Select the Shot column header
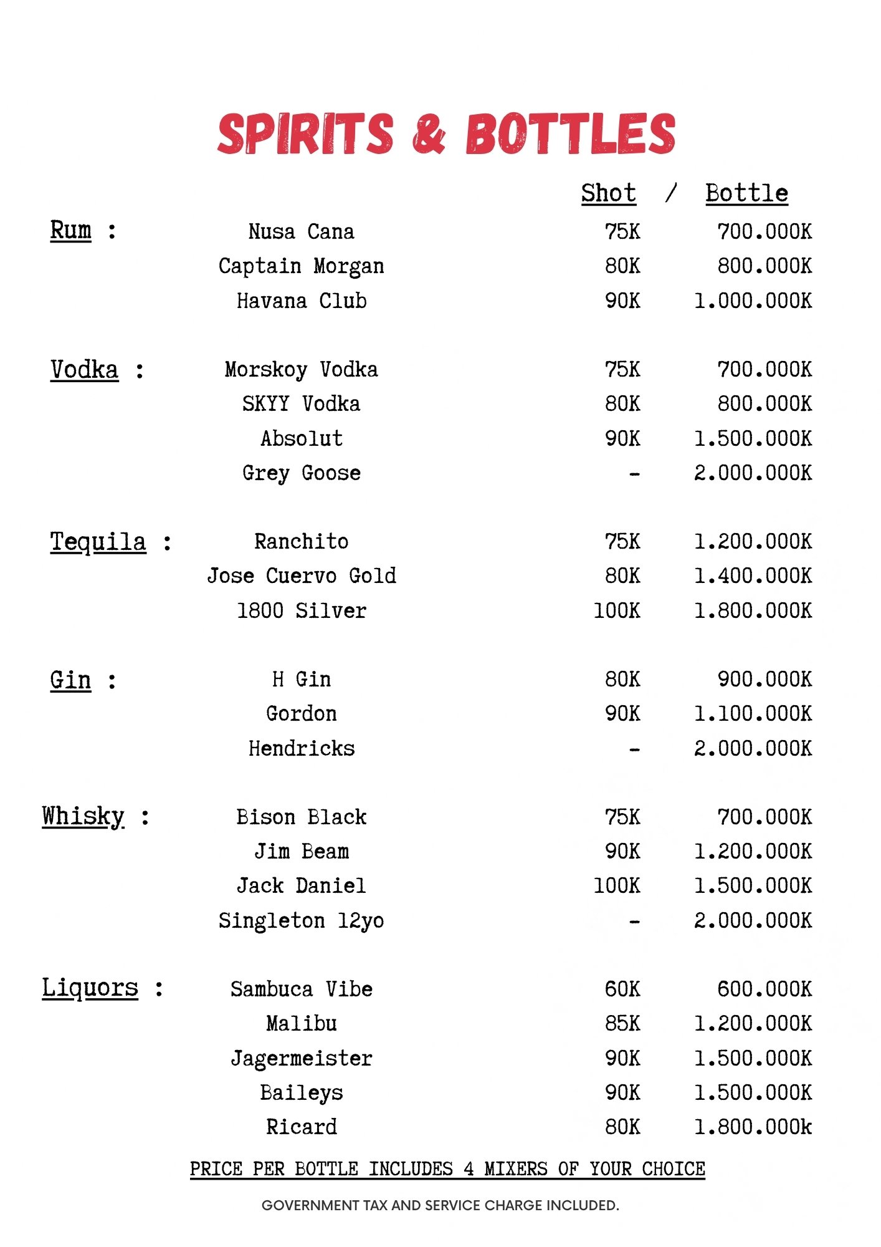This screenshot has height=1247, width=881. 608,193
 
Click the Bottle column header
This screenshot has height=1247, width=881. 746,193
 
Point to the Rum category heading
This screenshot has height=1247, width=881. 70,230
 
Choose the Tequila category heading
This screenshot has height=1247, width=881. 98,542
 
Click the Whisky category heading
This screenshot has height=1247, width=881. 83,816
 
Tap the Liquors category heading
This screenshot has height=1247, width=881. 90,988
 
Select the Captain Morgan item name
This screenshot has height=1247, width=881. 301,266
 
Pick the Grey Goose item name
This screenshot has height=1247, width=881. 301,473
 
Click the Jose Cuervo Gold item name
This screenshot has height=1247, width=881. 301,575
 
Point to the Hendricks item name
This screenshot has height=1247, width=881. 301,748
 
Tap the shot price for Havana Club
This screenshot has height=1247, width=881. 622,301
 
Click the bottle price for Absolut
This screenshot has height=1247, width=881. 753,439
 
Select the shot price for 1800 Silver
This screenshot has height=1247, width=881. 616,610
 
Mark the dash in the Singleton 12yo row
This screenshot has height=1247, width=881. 634,921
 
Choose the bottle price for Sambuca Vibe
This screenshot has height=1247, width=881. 764,989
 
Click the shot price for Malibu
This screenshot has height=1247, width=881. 622,1024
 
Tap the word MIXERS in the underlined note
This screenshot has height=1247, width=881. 516,1168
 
